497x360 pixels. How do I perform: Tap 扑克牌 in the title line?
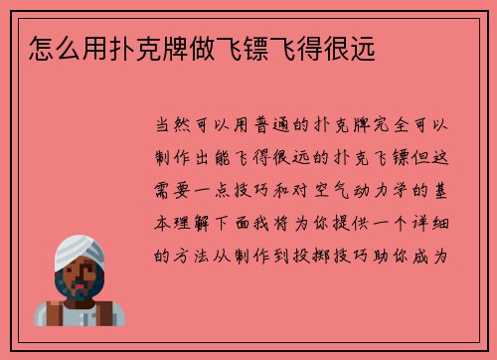[138, 46]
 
